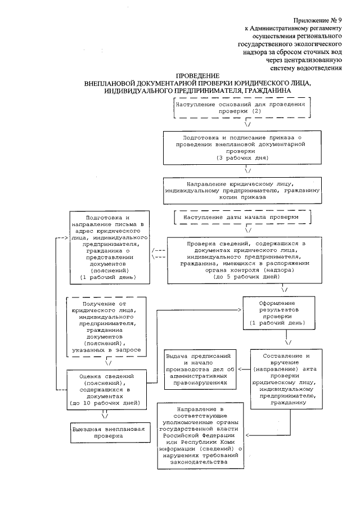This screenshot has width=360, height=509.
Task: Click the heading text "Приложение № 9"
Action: click(x=316, y=20)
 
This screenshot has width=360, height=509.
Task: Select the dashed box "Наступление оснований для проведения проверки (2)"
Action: click(x=242, y=108)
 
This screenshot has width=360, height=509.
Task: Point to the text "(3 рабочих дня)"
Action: click(x=242, y=158)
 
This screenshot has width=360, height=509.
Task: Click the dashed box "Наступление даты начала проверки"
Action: click(x=242, y=217)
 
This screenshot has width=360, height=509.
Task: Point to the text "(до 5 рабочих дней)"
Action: click(x=242, y=277)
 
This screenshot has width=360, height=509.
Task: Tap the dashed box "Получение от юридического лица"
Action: click(x=106, y=327)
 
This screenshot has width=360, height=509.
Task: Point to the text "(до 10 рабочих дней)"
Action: click(x=106, y=403)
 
